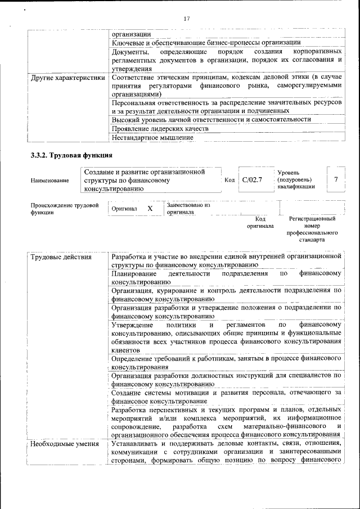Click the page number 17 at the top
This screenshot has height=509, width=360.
(x=187, y=19)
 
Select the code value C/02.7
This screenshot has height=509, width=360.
(x=253, y=179)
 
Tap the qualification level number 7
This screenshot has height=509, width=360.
(x=336, y=179)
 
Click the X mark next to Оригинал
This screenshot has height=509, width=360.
(x=150, y=209)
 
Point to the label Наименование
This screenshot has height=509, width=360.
(x=51, y=181)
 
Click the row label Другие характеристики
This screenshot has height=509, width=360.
(x=68, y=76)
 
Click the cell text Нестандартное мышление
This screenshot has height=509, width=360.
(x=148, y=137)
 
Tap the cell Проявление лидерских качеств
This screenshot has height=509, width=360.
(x=160, y=128)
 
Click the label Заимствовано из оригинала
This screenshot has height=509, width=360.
(x=188, y=209)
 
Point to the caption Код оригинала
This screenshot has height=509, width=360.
(x=260, y=222)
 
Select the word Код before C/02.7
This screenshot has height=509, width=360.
(x=229, y=180)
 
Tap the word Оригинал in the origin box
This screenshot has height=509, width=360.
(x=124, y=209)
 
